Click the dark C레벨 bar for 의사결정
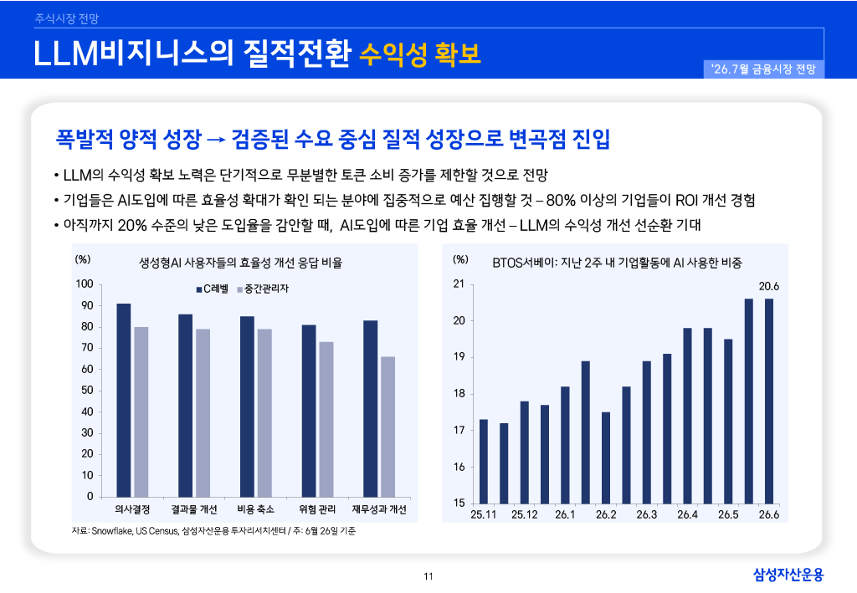124,401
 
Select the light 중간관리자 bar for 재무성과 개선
388,427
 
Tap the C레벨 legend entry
213,289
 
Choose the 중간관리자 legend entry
263,289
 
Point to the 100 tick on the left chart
85,284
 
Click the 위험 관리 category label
317,509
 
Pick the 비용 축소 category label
256,509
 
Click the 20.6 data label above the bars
768,286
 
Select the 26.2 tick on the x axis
606,514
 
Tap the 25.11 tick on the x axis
484,514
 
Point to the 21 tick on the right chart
459,284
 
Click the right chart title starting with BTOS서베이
617,263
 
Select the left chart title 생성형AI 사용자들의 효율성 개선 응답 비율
240,263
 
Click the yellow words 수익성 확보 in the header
420,54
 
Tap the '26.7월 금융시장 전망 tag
763,69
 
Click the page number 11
428,576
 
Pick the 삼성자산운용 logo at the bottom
788,575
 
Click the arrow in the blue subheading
217,141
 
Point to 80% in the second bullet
561,201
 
